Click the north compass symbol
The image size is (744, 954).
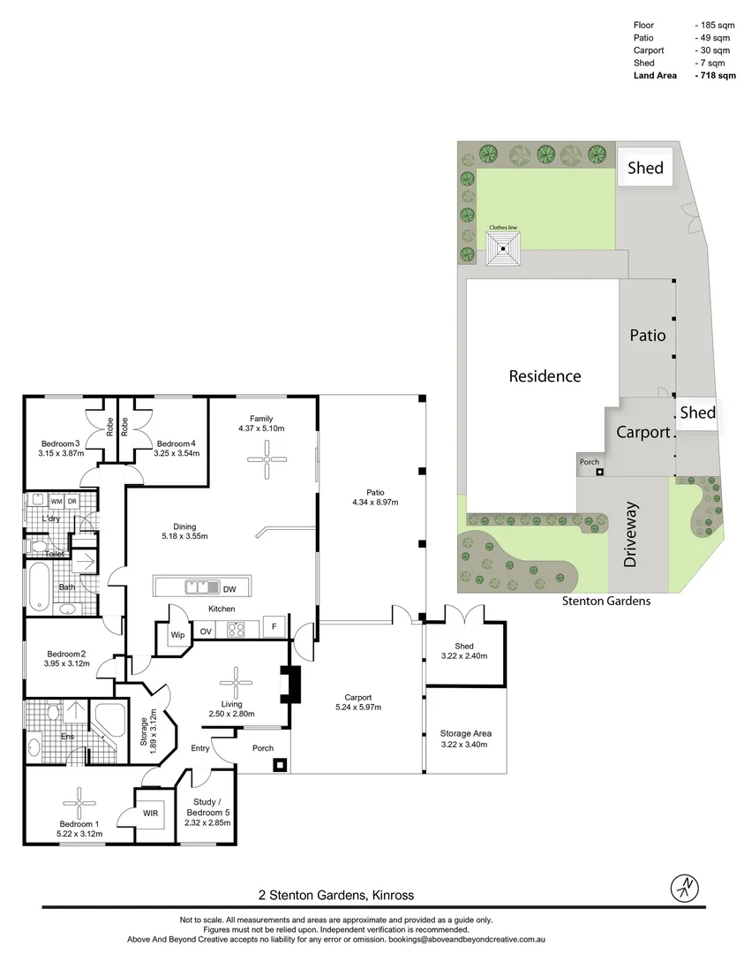tap(685, 889)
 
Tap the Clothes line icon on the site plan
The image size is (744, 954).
tap(504, 248)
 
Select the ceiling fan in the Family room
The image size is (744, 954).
tap(267, 459)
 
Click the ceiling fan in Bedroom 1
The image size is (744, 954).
tap(79, 804)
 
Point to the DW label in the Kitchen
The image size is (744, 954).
tap(229, 589)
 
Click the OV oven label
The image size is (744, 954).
tap(206, 632)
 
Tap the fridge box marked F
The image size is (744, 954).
tap(274, 627)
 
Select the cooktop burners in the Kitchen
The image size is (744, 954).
tap(236, 629)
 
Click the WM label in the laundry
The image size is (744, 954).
tap(56, 502)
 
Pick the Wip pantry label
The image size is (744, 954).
tap(177, 634)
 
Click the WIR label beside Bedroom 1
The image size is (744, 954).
tap(151, 813)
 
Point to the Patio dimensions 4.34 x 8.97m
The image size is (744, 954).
tap(375, 503)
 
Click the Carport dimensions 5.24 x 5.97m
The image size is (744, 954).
tap(358, 707)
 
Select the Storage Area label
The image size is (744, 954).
tap(466, 734)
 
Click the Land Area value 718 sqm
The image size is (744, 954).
tap(716, 75)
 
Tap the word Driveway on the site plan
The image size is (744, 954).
tap(630, 534)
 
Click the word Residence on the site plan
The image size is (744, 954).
tap(545, 376)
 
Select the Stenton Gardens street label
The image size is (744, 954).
tap(606, 602)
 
